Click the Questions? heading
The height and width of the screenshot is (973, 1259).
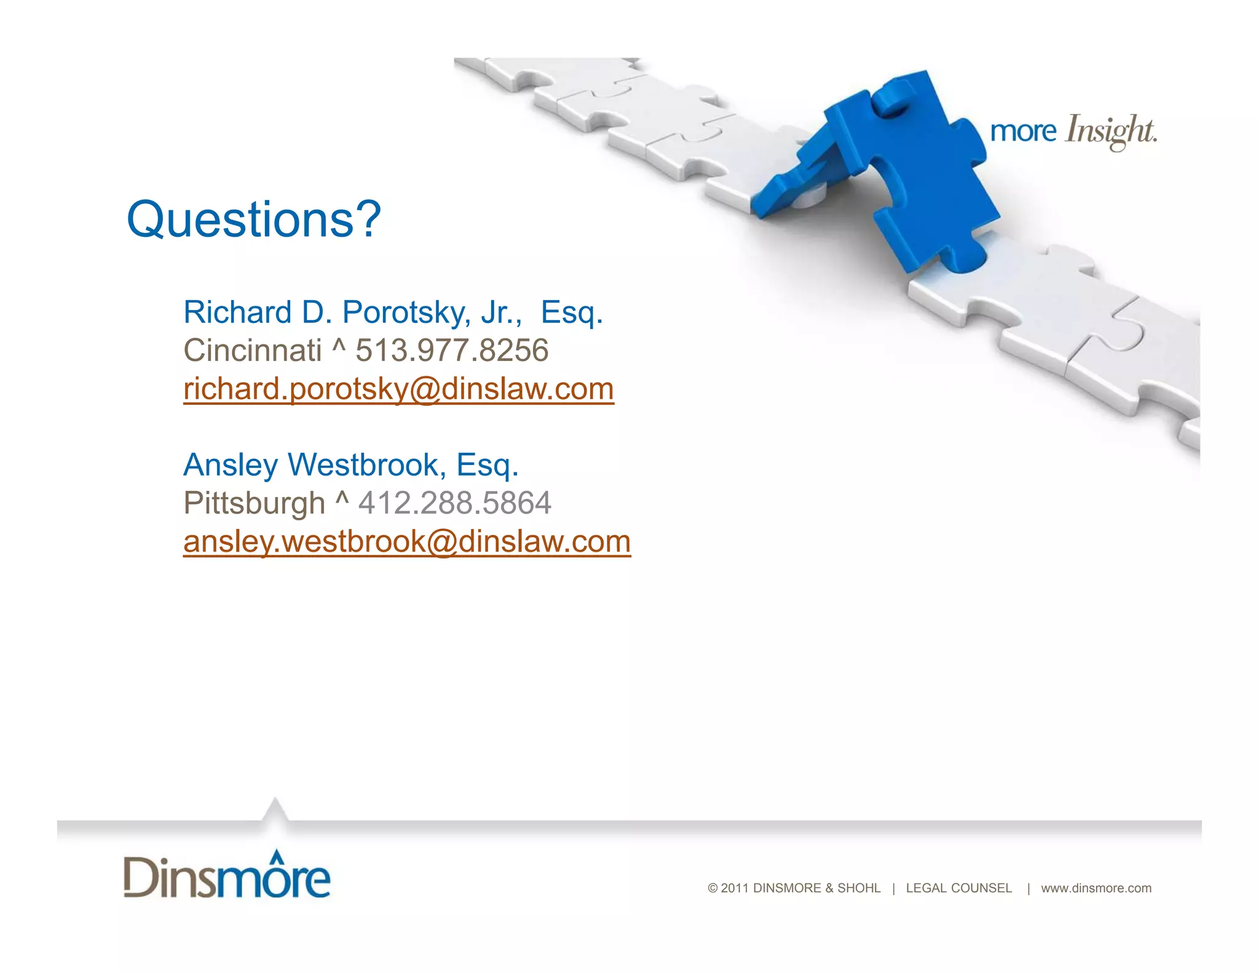coord(254,220)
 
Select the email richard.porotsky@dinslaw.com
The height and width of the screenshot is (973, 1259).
coord(398,389)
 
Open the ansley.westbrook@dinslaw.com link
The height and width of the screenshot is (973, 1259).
coord(407,542)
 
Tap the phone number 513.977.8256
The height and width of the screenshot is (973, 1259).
coord(452,351)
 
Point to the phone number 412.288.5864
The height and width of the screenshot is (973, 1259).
coord(455,503)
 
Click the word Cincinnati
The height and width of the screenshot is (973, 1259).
coord(253,351)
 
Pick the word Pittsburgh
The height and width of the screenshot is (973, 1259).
coord(254,503)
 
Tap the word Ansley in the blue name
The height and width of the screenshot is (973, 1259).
coord(231,465)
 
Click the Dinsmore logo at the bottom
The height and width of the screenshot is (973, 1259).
coord(227,875)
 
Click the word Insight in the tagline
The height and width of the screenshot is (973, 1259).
coord(1110,131)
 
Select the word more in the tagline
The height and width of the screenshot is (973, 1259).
coord(1023,132)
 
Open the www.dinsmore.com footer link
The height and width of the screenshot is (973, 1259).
coord(1096,888)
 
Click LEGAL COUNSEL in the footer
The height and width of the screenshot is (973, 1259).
coord(958,888)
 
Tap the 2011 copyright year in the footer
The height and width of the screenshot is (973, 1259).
coord(735,888)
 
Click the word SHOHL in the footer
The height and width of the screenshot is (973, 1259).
coord(859,888)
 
